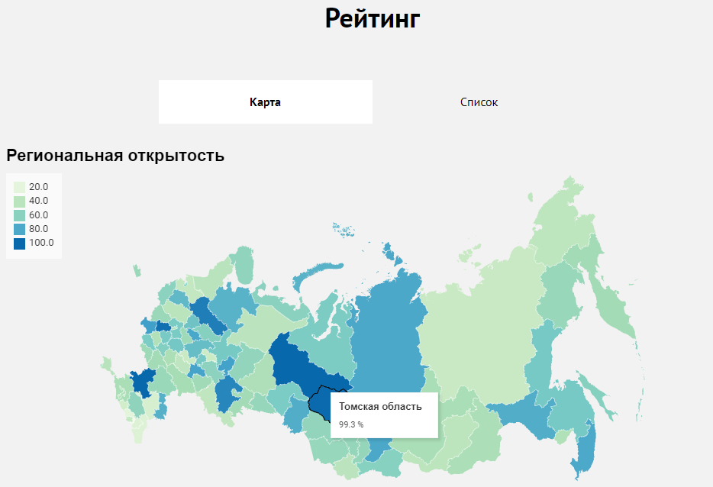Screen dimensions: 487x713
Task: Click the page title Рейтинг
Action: click(x=373, y=18)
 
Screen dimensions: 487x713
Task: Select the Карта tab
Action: click(x=265, y=102)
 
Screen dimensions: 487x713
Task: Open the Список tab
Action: click(x=479, y=102)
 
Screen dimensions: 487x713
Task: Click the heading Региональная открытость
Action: click(x=115, y=156)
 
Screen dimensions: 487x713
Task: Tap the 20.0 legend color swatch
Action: click(x=20, y=187)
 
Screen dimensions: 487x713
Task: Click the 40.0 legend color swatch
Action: click(x=20, y=201)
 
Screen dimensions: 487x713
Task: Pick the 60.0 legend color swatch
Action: click(x=20, y=215)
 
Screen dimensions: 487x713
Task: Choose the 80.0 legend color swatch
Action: click(x=20, y=229)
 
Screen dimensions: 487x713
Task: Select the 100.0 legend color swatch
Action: click(x=20, y=243)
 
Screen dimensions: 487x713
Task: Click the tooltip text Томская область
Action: click(x=380, y=407)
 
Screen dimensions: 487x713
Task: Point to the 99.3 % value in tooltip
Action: click(x=351, y=424)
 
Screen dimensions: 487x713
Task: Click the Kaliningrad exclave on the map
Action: click(x=137, y=270)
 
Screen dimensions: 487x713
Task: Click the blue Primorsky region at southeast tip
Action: click(x=585, y=450)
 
